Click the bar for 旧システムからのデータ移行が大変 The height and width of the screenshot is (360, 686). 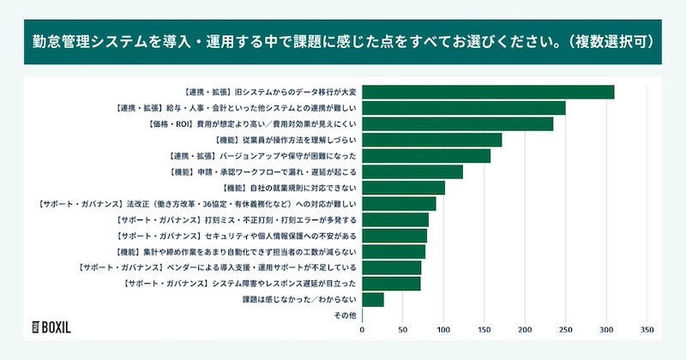488,92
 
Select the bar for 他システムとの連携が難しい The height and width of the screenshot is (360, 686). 463,108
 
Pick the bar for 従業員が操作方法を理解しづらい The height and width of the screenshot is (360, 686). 431,140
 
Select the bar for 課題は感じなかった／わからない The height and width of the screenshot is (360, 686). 373,300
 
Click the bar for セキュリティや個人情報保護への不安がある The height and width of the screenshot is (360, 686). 394,235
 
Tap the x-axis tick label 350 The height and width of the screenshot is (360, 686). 647,328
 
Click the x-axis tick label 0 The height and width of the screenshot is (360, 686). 362,328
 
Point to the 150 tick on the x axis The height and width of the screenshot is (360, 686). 484,328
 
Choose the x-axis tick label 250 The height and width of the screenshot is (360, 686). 565,328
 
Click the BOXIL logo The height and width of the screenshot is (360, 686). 51,327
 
